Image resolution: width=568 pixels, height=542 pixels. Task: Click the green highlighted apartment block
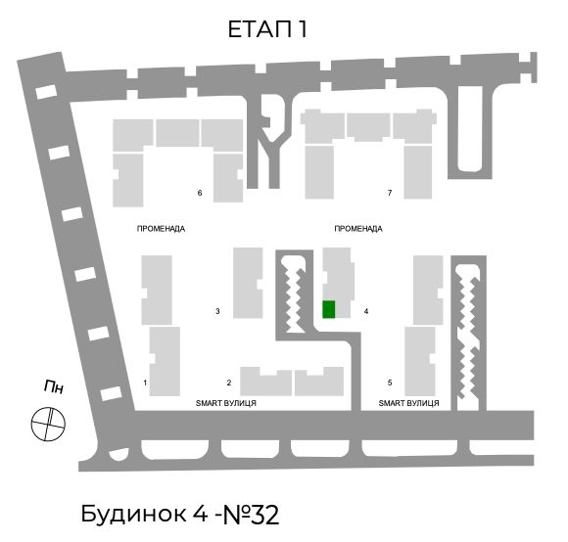tap(328, 309)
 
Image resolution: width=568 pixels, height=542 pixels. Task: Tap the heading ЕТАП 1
tap(267, 29)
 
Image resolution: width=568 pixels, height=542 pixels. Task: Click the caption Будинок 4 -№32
tap(179, 514)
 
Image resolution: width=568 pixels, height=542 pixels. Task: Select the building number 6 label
tap(200, 193)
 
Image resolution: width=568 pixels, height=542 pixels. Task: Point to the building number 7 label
tap(390, 193)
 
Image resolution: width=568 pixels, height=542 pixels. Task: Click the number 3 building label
tap(217, 311)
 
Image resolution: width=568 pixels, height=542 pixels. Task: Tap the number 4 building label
tap(366, 311)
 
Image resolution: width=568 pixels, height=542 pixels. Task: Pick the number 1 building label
tap(145, 383)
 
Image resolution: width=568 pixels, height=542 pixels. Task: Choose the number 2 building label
tap(229, 383)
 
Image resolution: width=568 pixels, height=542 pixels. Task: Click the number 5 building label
tap(390, 383)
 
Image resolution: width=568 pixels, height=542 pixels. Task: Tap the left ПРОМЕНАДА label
tap(161, 229)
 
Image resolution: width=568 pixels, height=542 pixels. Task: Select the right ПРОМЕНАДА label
tap(358, 229)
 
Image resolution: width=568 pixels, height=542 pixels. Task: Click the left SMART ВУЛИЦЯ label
tap(225, 403)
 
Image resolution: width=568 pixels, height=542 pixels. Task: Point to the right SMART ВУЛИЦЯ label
tap(408, 403)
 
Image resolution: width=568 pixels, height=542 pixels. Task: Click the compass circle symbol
tap(48, 424)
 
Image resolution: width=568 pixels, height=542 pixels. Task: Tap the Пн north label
tap(54, 386)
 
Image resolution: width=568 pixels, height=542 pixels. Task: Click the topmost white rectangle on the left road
tap(46, 92)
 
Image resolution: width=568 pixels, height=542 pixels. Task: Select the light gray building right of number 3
tap(248, 283)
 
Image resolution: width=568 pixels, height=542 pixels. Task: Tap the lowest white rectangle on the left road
tap(111, 393)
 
